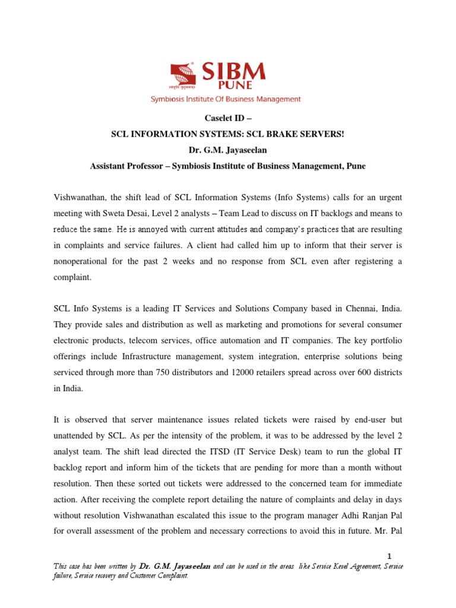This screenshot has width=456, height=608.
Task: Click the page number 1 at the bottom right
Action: (389, 556)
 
